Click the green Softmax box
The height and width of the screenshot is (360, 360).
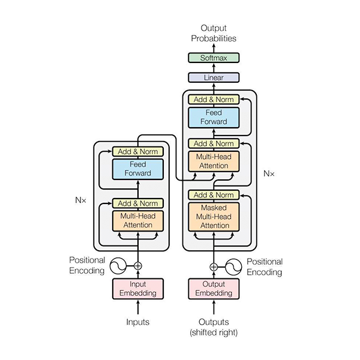(214, 58)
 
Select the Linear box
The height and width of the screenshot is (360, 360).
(214, 77)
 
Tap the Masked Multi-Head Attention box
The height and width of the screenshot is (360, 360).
(214, 217)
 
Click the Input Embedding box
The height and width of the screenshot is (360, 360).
(138, 289)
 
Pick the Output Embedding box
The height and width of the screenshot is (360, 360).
(214, 289)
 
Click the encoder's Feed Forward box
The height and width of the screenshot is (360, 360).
(138, 169)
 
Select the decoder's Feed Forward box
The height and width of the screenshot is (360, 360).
(214, 118)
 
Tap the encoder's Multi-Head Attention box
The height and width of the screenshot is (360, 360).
(138, 221)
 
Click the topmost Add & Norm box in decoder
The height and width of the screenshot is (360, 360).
(214, 100)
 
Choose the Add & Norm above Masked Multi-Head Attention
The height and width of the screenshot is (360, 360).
(214, 195)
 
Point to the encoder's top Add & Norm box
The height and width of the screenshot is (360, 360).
(138, 152)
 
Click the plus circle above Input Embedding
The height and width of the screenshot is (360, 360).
(138, 266)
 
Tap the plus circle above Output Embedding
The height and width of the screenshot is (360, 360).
(214, 267)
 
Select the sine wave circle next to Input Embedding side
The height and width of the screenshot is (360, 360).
(118, 266)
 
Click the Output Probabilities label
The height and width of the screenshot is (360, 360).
(214, 33)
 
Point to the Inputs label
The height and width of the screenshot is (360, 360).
(138, 322)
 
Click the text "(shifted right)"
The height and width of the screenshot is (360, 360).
(214, 332)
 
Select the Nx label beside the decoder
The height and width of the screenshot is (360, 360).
(269, 173)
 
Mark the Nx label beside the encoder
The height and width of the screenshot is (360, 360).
(80, 200)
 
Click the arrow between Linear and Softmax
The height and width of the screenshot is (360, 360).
(214, 68)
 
